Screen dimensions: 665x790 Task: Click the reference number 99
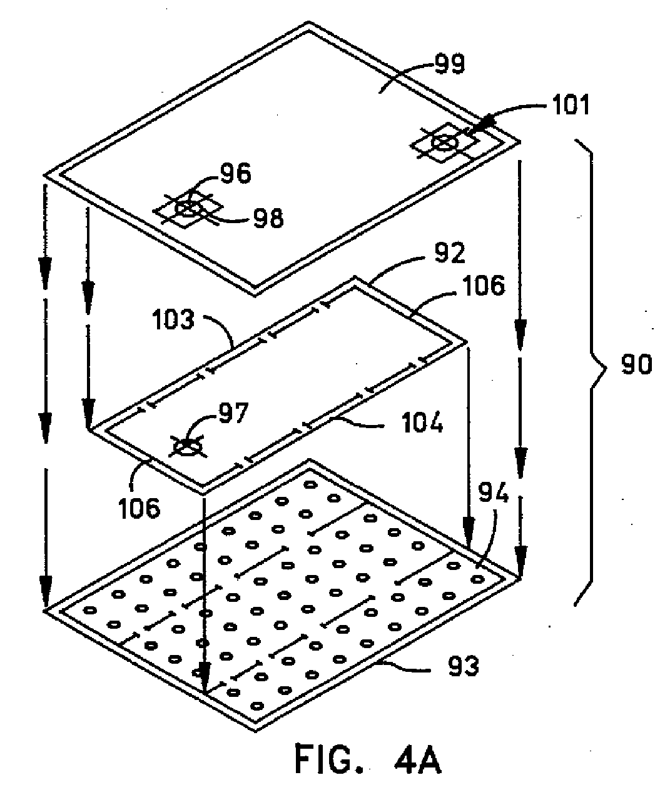(450, 65)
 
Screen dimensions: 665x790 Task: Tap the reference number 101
(571, 105)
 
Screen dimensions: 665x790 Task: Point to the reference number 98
(268, 218)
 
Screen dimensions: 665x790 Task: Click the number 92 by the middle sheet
(450, 252)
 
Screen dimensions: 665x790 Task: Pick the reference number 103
(173, 320)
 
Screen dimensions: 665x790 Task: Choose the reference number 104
(423, 422)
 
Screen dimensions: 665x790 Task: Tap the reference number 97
(233, 412)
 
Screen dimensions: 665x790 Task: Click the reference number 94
(493, 493)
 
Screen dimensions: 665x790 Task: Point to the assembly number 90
(636, 365)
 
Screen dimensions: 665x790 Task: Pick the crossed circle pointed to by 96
(188, 209)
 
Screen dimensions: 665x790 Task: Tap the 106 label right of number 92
(484, 285)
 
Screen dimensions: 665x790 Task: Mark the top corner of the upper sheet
(308, 22)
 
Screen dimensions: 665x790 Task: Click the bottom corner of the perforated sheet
(255, 732)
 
